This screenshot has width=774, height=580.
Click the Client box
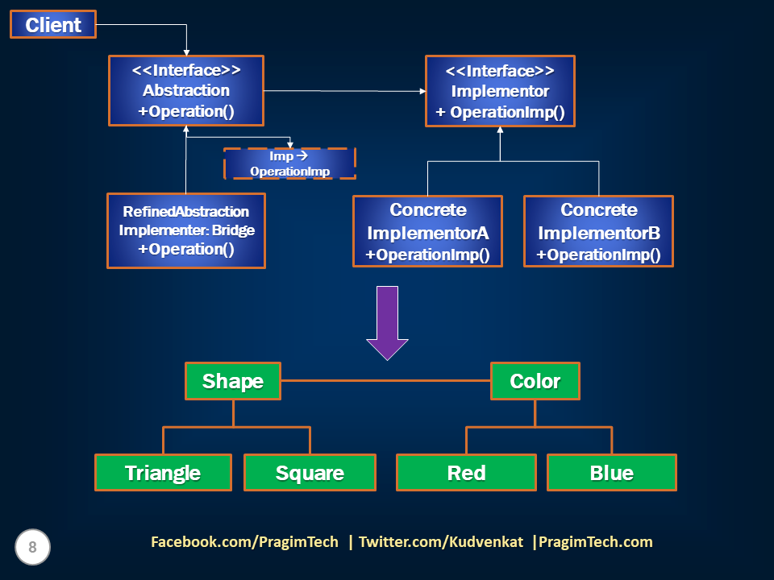[52, 24]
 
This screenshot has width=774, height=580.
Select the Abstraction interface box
[186, 90]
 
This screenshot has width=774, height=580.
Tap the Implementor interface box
[500, 91]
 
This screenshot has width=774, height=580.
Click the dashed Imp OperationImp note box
[289, 164]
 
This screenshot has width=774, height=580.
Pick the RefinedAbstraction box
[186, 230]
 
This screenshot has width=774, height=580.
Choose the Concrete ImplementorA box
[427, 231]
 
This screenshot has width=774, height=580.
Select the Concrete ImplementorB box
[598, 231]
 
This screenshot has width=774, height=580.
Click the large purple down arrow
[388, 321]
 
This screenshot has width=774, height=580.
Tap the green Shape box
[233, 381]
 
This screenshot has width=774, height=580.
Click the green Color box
[535, 381]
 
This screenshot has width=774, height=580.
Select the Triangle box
[163, 473]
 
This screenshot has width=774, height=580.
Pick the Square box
[310, 473]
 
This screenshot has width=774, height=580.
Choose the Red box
[466, 473]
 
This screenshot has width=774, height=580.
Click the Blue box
[611, 473]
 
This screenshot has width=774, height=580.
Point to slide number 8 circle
[32, 548]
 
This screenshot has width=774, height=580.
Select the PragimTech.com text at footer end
[595, 542]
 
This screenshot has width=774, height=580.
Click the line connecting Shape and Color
[385, 380]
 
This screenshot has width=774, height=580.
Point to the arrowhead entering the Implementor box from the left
[422, 91]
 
